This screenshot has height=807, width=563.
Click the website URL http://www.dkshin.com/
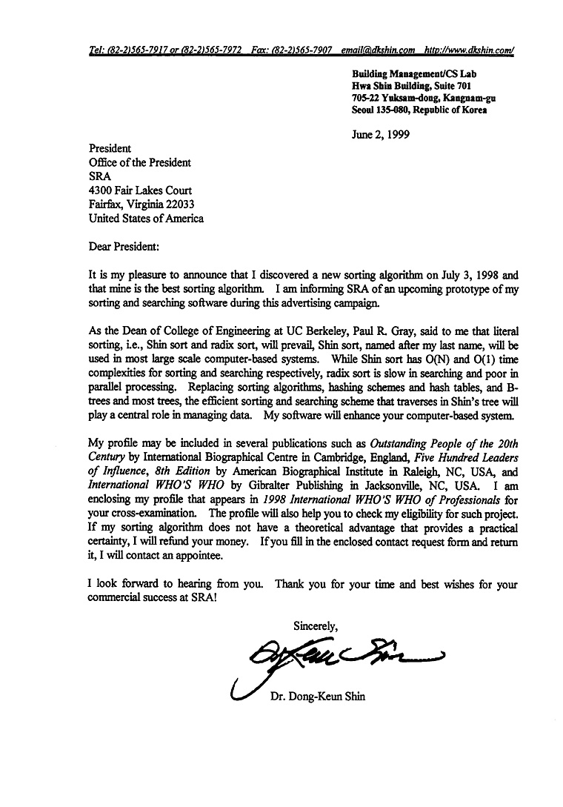pyautogui.click(x=469, y=51)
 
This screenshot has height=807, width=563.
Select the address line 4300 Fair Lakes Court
pyautogui.click(x=140, y=190)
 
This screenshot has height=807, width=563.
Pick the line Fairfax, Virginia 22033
pyautogui.click(x=142, y=205)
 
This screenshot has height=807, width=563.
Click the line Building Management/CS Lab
pyautogui.click(x=409, y=74)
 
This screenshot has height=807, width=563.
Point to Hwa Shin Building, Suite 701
pyautogui.click(x=407, y=86)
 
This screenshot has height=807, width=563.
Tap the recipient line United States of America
pyautogui.click(x=146, y=219)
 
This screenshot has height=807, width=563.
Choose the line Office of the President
pyautogui.click(x=139, y=162)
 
